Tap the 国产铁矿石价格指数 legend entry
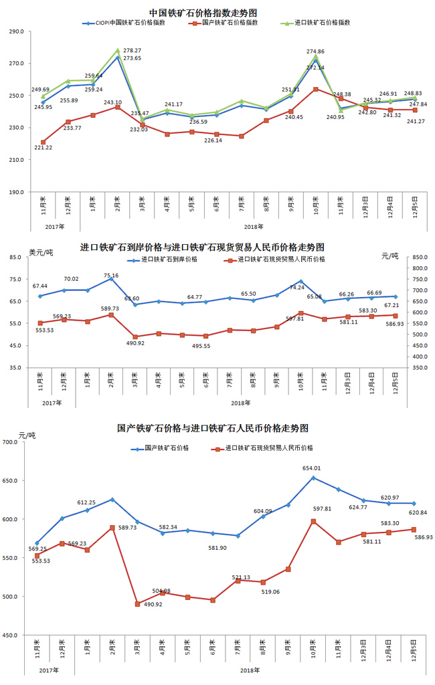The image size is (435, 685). pyautogui.click(x=237, y=23)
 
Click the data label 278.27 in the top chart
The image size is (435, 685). pyautogui.click(x=133, y=51)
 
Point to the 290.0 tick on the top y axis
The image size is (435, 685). pyautogui.click(x=15, y=31)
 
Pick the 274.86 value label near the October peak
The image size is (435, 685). pyautogui.click(x=315, y=52)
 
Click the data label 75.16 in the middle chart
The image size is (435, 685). pyautogui.click(x=111, y=275)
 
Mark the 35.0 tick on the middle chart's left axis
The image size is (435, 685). pyautogui.click(x=17, y=368)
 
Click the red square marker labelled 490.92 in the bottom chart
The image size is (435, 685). pyautogui.click(x=137, y=604)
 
